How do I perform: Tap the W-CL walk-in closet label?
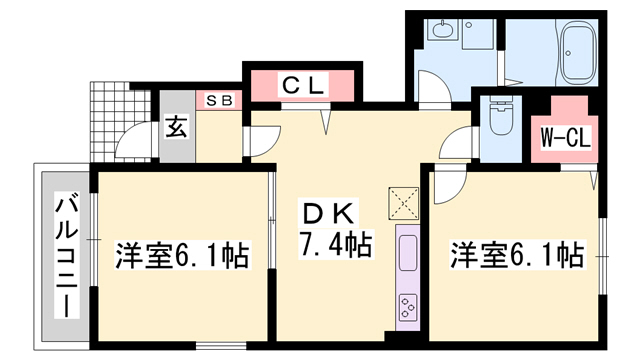pos(567,136)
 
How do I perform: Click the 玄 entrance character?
pos(176,127)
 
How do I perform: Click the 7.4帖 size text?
pos(334,243)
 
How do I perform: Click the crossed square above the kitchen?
pos(405,202)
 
